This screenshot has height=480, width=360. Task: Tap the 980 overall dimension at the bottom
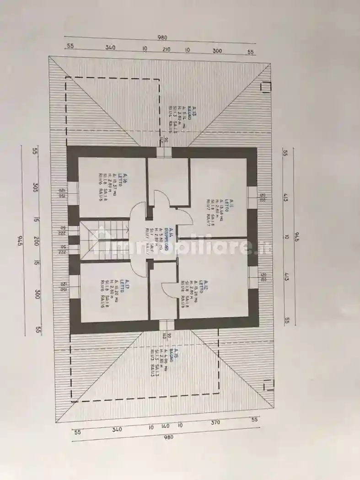click(x=168, y=437)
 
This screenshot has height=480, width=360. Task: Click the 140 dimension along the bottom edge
click(x=166, y=426)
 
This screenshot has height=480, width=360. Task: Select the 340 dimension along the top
click(x=110, y=47)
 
